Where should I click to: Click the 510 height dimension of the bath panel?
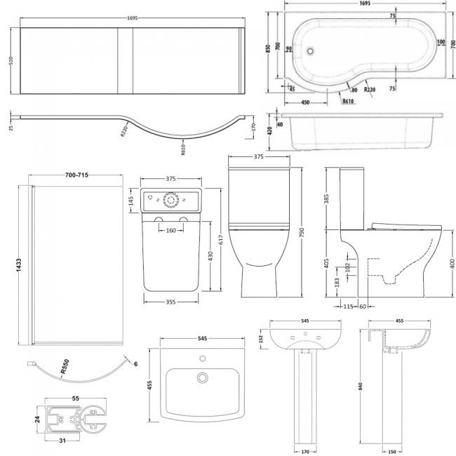point(10,60)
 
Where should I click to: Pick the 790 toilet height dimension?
point(301,232)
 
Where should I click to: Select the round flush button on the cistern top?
point(170,199)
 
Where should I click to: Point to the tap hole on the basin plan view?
point(203,359)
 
